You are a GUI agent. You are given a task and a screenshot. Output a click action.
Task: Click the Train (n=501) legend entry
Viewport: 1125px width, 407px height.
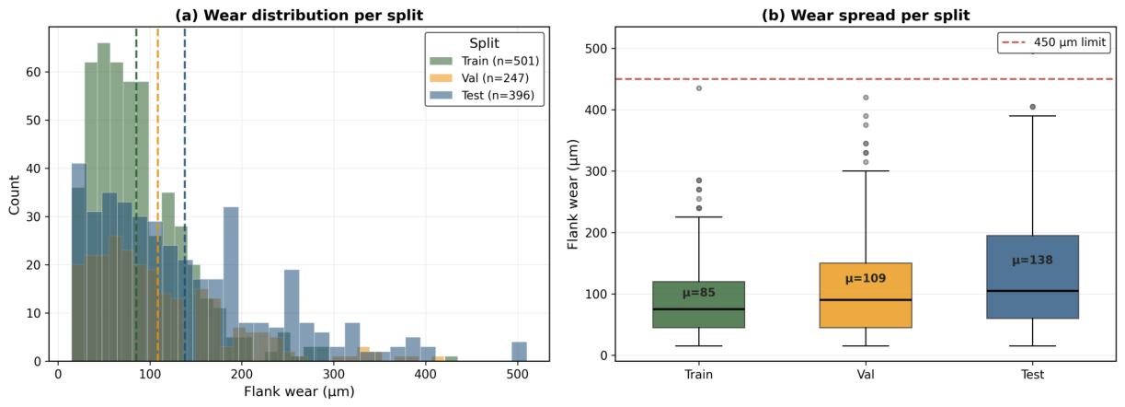(x=485, y=62)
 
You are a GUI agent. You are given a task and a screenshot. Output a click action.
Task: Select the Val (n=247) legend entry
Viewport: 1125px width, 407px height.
(x=479, y=78)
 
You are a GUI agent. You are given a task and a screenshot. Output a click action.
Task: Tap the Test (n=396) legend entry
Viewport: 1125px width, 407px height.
(x=482, y=96)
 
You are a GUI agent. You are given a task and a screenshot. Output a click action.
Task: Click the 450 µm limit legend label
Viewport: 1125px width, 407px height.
(x=1070, y=42)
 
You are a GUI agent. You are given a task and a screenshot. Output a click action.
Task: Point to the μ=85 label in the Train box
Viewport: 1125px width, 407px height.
(x=698, y=293)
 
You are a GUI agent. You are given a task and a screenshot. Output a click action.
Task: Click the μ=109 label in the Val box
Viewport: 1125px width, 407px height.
(x=866, y=278)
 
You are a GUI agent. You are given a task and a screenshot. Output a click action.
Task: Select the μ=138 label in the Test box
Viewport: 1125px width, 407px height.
(x=1032, y=261)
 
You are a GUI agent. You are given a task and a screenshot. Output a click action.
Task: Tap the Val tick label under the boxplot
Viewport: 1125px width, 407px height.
(x=866, y=375)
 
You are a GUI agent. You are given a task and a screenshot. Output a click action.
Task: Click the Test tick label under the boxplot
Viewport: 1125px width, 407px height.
(x=1032, y=375)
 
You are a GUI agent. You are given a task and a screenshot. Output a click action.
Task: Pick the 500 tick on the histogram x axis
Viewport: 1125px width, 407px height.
(x=517, y=375)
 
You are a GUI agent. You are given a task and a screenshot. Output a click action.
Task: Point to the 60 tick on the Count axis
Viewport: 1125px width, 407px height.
(x=33, y=73)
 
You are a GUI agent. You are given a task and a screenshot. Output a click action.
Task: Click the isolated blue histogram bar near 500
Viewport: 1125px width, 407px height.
(x=519, y=352)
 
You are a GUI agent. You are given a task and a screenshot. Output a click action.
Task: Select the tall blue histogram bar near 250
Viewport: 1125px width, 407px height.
(x=292, y=316)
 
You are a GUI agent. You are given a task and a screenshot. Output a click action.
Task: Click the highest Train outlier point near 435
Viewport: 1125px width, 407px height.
(x=698, y=88)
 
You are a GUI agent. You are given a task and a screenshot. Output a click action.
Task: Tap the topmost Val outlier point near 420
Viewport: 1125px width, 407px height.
(x=866, y=98)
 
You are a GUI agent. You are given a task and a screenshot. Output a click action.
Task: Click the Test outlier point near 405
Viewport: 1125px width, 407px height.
(x=1032, y=107)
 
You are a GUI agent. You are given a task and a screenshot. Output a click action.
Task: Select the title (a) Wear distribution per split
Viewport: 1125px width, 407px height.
(x=299, y=15)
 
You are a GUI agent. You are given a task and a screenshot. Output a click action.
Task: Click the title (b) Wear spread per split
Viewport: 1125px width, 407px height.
(x=866, y=15)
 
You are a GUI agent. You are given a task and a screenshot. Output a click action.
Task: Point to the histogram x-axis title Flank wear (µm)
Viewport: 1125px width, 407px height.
(x=299, y=391)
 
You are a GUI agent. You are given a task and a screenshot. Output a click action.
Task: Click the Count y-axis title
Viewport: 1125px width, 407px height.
(x=14, y=195)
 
